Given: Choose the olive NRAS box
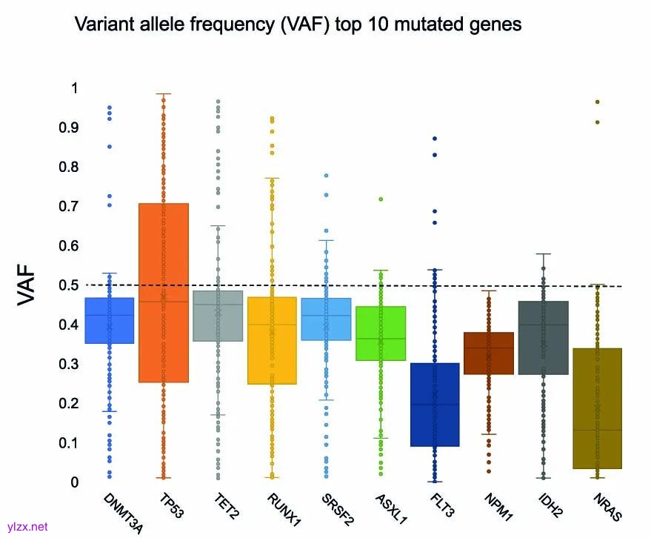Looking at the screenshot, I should coord(597,408).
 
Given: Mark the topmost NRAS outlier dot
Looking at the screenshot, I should coord(597,102).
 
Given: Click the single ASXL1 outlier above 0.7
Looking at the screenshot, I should coord(381,199).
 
